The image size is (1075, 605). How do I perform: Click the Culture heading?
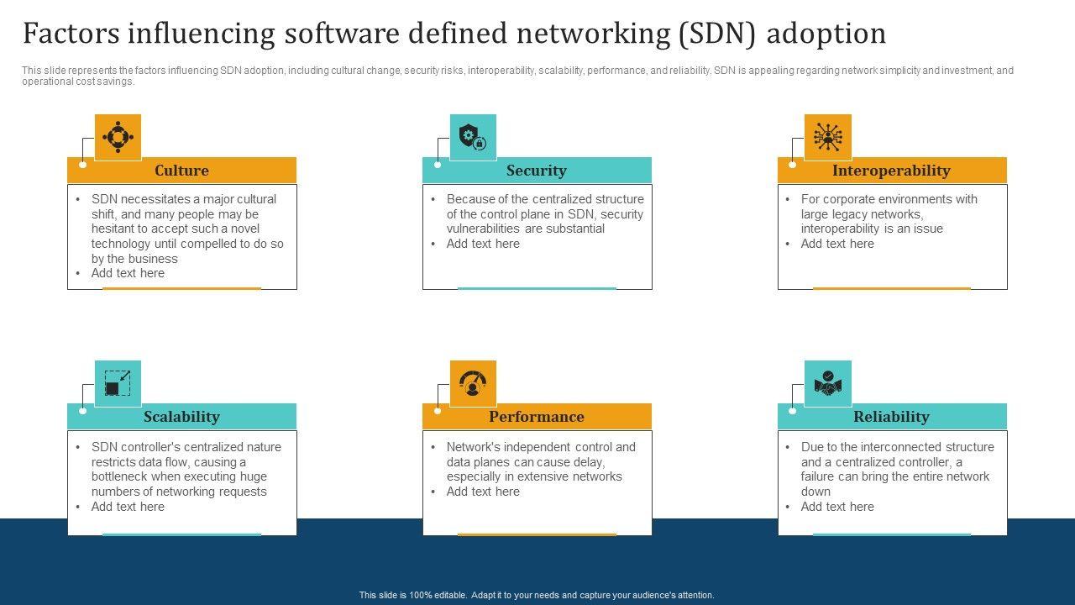click(x=181, y=171)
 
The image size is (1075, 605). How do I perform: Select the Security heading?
click(x=536, y=171)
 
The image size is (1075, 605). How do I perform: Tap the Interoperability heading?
click(x=891, y=171)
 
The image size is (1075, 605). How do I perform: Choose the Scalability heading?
click(x=181, y=417)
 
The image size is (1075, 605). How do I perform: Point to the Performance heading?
click(x=537, y=417)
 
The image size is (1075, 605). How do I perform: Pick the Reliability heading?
click(x=891, y=417)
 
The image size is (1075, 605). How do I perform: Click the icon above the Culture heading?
click(x=118, y=137)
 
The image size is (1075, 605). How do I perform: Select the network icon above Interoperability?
click(x=827, y=137)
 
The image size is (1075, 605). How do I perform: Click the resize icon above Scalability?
click(x=118, y=383)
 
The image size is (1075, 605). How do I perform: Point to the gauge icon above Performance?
click(x=473, y=383)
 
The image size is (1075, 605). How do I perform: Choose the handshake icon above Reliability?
click(x=827, y=383)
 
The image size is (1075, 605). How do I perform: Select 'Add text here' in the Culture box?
click(x=128, y=273)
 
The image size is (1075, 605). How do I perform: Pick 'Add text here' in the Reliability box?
click(x=837, y=507)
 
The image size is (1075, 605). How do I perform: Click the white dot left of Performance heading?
click(x=438, y=411)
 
